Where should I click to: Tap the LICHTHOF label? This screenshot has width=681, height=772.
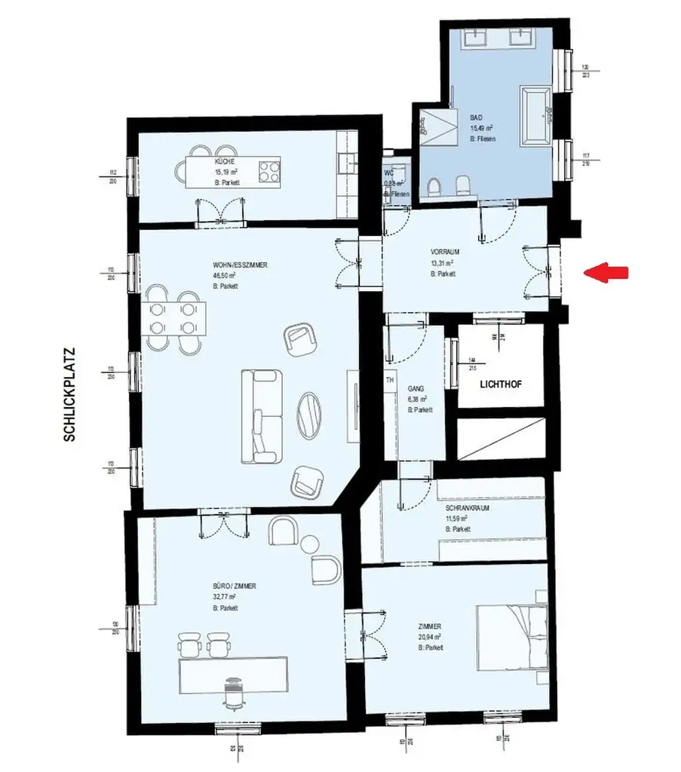pos(501,384)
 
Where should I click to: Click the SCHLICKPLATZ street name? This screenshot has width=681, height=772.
pos(70,394)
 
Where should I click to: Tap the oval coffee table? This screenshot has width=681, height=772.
pos(309,415)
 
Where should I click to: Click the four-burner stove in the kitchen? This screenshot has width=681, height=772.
pos(269,170)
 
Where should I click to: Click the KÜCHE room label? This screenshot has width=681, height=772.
pos(224,161)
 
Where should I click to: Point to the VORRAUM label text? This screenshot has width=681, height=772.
pos(445,252)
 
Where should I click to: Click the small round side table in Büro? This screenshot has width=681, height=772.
pos(310,544)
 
